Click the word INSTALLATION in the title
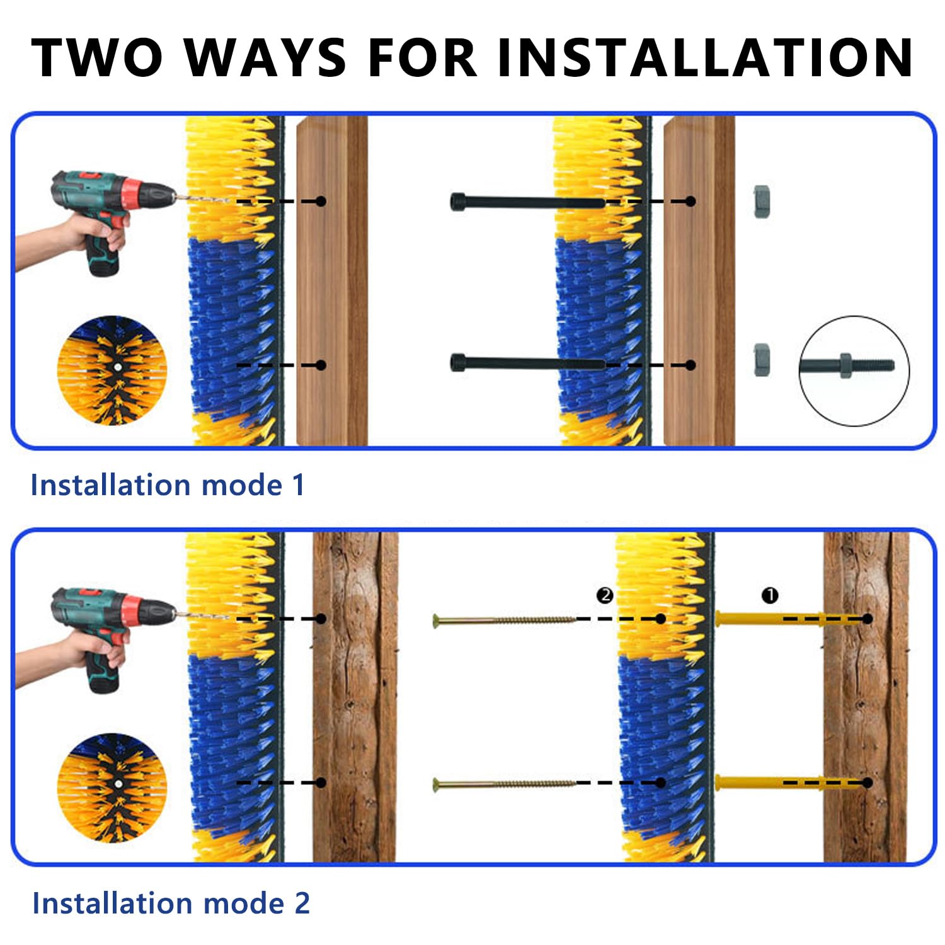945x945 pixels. coord(704,57)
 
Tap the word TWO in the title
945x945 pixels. coord(97,57)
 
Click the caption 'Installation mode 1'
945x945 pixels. coord(168,485)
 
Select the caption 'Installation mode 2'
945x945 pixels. coord(171,903)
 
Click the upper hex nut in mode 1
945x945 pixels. coord(762,201)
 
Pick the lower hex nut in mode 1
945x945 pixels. coord(762,360)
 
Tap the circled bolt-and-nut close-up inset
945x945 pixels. coord(854,370)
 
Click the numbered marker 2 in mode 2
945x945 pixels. coord(605,595)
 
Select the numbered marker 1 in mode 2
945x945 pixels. coord(770,595)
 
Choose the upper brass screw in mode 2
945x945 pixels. coord(505,621)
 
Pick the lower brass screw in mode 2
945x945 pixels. coord(505,784)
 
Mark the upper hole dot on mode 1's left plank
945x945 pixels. coord(321,201)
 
